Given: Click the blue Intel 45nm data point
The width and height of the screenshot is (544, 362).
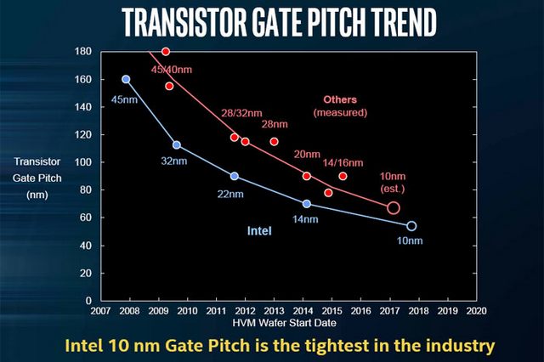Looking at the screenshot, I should tap(127, 79).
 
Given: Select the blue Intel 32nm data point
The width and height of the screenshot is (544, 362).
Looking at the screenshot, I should tap(177, 145).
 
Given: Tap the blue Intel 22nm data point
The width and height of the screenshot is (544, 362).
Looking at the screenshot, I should tap(235, 176).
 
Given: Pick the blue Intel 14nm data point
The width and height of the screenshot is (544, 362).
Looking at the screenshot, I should tap(307, 204).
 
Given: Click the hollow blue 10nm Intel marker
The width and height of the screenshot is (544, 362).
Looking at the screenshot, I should tap(412, 226).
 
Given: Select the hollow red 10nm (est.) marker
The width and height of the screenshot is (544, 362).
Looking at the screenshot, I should tap(394, 208).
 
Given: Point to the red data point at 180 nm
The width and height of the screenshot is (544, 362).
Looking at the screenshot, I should tap(166, 52).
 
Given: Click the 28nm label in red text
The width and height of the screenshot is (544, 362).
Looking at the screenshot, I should tap(275, 124).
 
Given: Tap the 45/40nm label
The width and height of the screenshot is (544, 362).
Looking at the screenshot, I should tap(173, 70).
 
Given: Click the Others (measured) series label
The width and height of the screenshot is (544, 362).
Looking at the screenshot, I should tap(340, 105).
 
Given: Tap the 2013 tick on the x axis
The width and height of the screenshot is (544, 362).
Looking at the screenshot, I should tap(275, 311).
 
